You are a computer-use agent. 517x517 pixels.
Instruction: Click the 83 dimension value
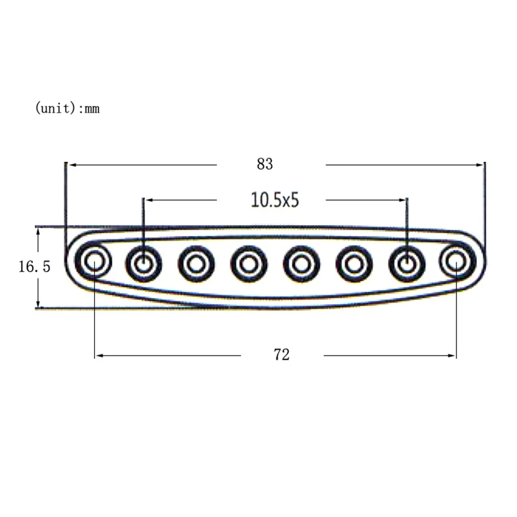265,164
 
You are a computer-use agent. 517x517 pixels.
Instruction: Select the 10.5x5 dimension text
275,200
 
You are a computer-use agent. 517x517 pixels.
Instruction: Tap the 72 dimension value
281,355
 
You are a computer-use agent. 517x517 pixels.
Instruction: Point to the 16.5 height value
34,267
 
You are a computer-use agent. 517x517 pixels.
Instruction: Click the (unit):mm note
67,108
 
